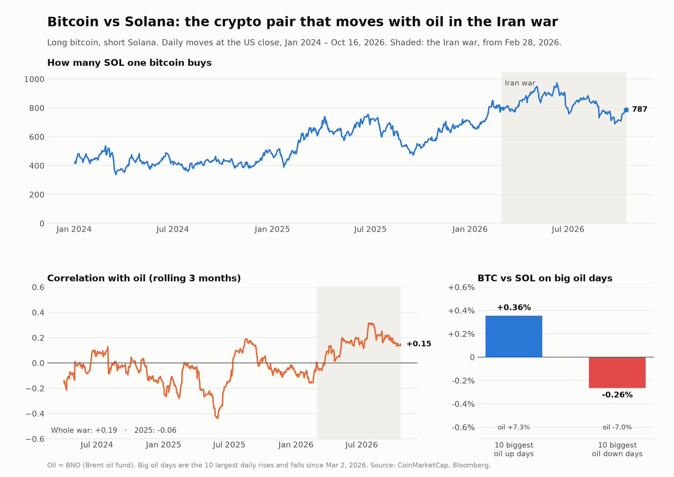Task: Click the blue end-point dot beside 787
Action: (x=626, y=110)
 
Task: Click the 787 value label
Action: (x=639, y=109)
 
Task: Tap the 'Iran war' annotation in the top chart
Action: (x=520, y=83)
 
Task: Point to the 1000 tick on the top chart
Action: (x=34, y=79)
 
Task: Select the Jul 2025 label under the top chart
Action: (x=370, y=229)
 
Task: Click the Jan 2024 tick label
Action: (x=74, y=229)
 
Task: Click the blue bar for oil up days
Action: (x=513, y=336)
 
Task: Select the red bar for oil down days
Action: (x=617, y=372)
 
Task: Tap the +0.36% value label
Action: (x=513, y=307)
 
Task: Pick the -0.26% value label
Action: (x=617, y=394)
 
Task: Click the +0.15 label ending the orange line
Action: (x=418, y=344)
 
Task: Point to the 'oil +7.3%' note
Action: (x=513, y=427)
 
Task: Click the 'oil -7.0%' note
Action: (x=617, y=427)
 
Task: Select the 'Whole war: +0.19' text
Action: (x=84, y=430)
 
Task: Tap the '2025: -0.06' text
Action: (x=155, y=430)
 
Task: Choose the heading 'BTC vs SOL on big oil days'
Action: (x=545, y=278)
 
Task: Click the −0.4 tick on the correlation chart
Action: (x=35, y=414)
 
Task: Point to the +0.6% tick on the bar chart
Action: (x=461, y=288)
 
